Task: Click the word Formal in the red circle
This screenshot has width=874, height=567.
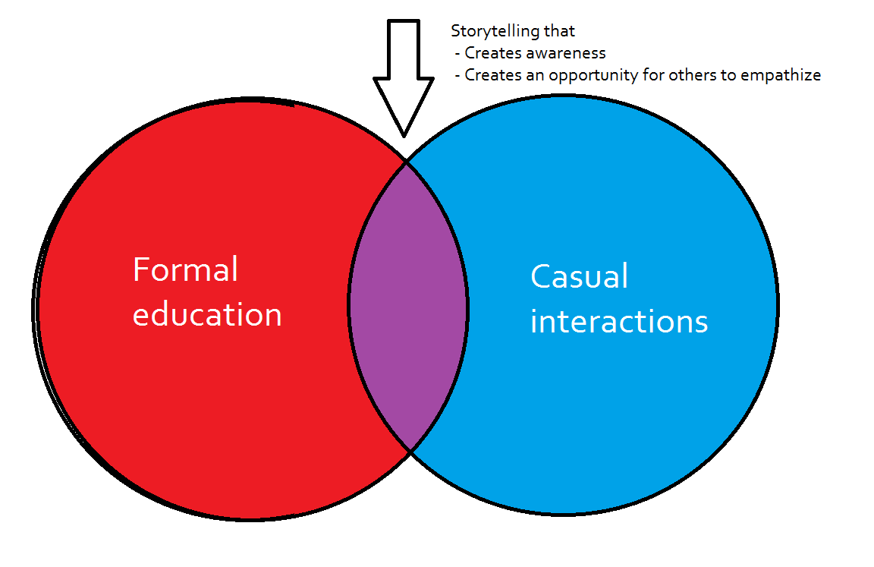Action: tap(185, 269)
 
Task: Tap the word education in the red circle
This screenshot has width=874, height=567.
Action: tap(207, 314)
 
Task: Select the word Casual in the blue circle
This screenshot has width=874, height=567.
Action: tap(580, 276)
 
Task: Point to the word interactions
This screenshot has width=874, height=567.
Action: tap(619, 321)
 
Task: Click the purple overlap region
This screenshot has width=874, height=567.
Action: tap(408, 304)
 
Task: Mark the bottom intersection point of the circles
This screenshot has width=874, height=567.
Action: tap(410, 451)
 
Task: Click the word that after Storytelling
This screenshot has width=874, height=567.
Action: tap(563, 31)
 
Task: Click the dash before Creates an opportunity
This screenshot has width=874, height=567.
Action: tap(458, 76)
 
